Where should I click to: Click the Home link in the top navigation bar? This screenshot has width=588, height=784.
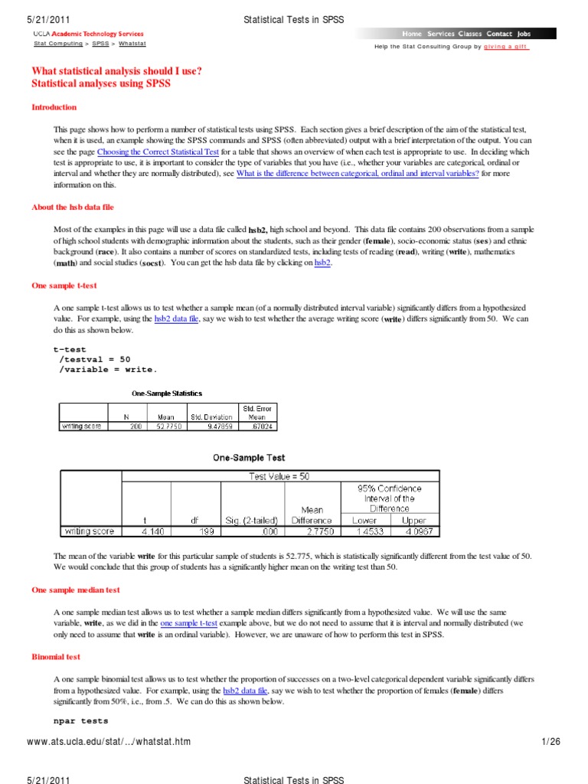pos(412,34)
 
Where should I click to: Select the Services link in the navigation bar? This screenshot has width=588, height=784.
pos(440,34)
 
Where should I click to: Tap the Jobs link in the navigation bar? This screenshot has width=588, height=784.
pos(524,34)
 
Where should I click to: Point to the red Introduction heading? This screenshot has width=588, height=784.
pos(54,107)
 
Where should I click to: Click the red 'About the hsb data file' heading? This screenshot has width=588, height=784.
pos(73,207)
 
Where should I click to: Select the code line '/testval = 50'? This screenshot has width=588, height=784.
pos(95,358)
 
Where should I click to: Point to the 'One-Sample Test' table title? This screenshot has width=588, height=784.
pos(249,458)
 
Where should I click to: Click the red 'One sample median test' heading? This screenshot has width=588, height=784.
pos(75,590)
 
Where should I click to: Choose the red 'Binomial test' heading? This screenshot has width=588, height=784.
pos(56,657)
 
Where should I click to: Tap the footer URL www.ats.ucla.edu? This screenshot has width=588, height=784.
pos(108,742)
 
